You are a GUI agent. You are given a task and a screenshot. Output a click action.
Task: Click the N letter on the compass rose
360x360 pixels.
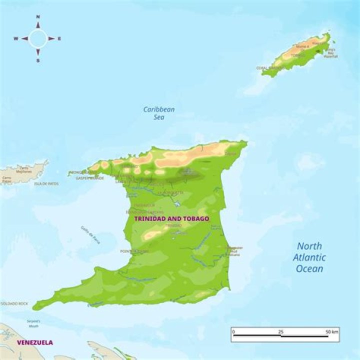(38, 16)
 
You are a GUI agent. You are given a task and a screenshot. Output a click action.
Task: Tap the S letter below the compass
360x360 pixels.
(38, 60)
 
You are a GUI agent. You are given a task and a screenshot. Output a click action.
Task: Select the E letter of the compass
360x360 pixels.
(59, 38)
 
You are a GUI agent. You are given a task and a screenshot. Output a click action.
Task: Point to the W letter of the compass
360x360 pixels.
(15, 38)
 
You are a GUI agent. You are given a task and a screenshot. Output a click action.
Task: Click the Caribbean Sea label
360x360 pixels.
(159, 113)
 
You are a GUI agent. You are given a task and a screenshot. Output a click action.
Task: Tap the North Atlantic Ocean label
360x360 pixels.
(310, 257)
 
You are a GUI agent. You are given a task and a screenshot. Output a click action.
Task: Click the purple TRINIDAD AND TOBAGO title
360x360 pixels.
(172, 219)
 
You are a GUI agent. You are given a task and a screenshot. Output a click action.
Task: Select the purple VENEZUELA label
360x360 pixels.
(35, 342)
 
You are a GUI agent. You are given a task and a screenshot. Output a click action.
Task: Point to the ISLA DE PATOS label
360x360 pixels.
(46, 183)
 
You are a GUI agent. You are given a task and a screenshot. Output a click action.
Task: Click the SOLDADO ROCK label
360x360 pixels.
(14, 303)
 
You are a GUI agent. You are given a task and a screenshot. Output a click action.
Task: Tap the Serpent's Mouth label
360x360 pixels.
(33, 323)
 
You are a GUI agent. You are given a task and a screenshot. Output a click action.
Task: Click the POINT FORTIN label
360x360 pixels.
(134, 251)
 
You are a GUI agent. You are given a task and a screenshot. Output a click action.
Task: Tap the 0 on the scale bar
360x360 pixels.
(234, 332)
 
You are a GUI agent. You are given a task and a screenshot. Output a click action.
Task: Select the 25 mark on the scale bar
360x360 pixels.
(280, 332)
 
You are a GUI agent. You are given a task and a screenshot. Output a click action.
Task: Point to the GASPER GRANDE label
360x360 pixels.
(90, 177)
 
